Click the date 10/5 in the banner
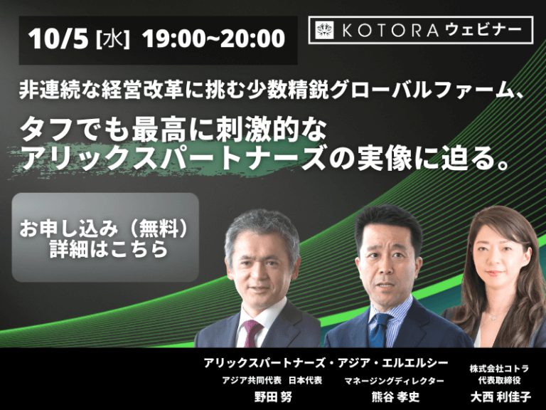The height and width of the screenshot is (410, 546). click(x=58, y=38)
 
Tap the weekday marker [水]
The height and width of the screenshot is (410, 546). click(x=112, y=40)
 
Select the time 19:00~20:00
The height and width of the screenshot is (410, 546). click(x=213, y=38)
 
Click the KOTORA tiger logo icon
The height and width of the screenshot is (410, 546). click(x=324, y=30)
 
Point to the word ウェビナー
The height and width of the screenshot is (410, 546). click(x=483, y=30)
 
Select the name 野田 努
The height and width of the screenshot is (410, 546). click(x=273, y=396)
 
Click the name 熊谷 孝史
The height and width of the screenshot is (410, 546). click(x=395, y=396)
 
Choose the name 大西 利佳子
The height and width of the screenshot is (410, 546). click(x=500, y=396)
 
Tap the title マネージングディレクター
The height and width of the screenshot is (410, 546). click(x=394, y=381)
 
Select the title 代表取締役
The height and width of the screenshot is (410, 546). click(x=500, y=380)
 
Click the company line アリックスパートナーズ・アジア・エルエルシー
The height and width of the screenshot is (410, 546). click(x=326, y=363)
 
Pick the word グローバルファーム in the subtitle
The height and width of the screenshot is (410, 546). click(x=422, y=90)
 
